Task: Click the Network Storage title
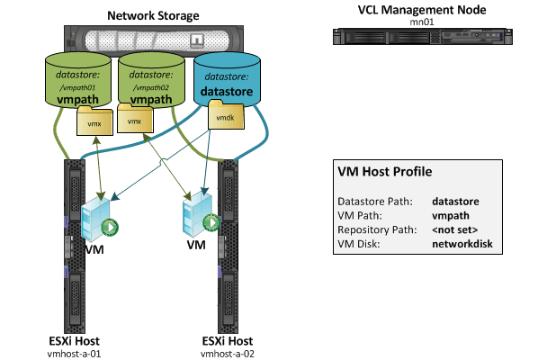[153, 16]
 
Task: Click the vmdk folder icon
[223, 117]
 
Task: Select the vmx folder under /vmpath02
[135, 121]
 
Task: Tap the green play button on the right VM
[211, 222]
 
